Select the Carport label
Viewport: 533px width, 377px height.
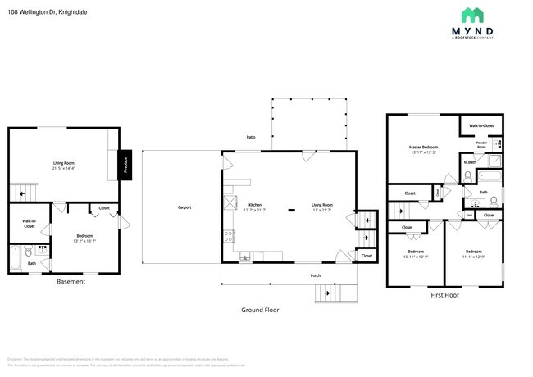click(x=184, y=207)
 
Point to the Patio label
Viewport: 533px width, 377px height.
click(x=251, y=138)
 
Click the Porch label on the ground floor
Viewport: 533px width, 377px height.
click(x=316, y=275)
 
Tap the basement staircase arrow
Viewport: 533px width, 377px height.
click(x=23, y=193)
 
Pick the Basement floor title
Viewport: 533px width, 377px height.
click(x=71, y=282)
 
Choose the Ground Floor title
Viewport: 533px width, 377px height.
click(x=261, y=310)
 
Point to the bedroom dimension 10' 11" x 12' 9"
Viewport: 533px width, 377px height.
click(x=417, y=257)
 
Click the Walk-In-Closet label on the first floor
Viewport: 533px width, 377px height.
click(x=481, y=125)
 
